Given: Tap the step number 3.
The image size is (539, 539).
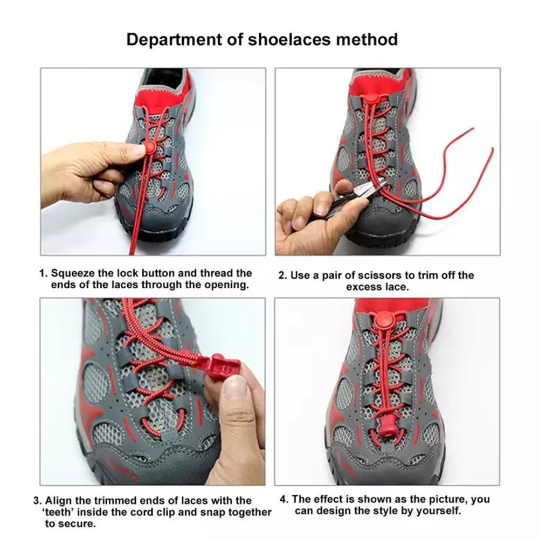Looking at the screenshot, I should [x=36, y=501].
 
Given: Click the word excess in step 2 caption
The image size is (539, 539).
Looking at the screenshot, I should [x=363, y=287].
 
